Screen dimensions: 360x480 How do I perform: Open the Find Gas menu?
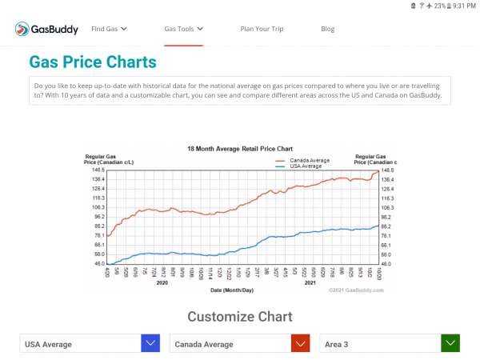coord(109,30)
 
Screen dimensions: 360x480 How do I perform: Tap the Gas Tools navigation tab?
coord(183,30)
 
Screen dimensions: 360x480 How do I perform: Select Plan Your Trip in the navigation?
coord(262,30)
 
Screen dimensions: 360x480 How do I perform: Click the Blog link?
coord(327,30)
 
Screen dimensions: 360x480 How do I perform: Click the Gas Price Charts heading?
coord(93,62)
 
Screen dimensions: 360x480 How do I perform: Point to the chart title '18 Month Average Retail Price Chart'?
coord(239,149)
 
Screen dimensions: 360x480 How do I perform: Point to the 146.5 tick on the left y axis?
coord(99,170)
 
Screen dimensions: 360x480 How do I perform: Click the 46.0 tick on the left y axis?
coord(99,264)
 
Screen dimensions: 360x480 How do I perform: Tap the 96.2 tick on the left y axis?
coord(99,217)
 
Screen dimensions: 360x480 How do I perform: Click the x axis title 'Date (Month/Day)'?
coord(232,290)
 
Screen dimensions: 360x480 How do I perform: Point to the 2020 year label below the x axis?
coord(162,282)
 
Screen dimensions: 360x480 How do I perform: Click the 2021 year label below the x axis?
coord(310,282)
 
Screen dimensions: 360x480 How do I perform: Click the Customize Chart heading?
coord(239,317)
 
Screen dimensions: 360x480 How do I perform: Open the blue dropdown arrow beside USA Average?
coord(150,344)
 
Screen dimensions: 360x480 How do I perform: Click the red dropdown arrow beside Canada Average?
coord(300,344)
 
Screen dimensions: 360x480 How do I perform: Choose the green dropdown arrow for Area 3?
coord(450,344)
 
